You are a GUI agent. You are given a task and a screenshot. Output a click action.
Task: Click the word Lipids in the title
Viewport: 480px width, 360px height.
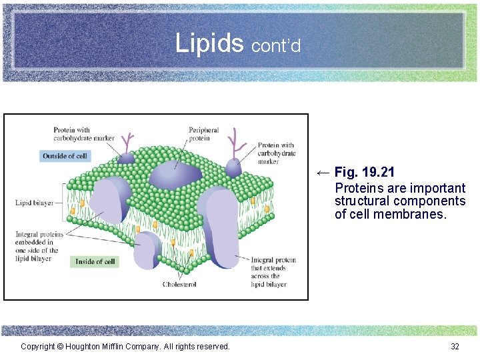coord(209,43)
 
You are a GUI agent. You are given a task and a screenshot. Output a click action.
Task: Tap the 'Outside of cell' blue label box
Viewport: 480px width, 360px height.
coord(64,156)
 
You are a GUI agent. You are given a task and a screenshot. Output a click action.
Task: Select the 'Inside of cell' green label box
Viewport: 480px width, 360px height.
coord(94,261)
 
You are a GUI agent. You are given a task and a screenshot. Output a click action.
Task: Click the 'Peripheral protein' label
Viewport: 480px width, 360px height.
coord(203,134)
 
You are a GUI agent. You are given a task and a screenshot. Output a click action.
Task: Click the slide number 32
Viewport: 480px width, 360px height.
coord(455,346)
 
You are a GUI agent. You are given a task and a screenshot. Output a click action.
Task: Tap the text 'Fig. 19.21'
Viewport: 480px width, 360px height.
coord(365,173)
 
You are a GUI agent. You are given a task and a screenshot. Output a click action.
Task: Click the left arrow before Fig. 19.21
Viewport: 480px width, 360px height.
coord(323,173)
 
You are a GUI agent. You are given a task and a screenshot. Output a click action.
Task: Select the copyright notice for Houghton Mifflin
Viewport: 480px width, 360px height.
coord(125,346)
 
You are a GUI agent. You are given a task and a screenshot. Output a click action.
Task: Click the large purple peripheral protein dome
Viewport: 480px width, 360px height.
coord(175,175)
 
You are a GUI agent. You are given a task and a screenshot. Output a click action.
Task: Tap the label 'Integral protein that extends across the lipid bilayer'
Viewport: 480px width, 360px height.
coord(273,272)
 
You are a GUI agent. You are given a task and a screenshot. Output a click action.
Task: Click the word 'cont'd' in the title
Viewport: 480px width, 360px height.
coord(276,45)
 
